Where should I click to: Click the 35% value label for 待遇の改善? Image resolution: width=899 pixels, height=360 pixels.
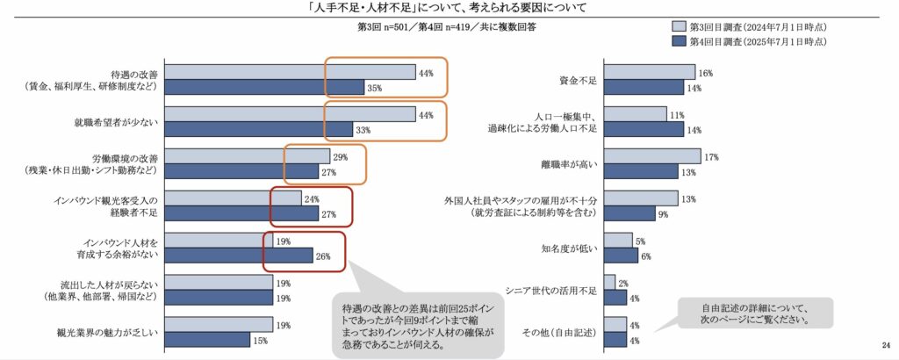tap(374, 88)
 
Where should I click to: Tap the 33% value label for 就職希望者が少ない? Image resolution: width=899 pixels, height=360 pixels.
tap(362, 130)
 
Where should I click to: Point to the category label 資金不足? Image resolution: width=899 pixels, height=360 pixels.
tap(578, 81)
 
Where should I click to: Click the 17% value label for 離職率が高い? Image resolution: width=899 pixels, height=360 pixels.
tap(711, 157)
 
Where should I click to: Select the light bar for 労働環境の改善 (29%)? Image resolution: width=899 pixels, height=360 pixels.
tap(247, 156)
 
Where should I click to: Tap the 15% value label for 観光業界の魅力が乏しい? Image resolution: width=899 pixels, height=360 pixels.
tap(260, 341)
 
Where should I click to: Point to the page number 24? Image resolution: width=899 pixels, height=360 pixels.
tap(885, 343)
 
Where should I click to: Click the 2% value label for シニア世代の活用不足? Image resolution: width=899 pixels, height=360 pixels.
tap(622, 283)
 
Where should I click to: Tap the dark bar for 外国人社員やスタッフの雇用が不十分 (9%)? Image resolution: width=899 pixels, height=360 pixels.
tap(629, 214)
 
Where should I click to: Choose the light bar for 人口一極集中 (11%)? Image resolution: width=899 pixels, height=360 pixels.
tap(635, 114)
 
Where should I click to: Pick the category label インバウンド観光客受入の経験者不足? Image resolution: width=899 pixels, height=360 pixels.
tap(104, 206)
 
